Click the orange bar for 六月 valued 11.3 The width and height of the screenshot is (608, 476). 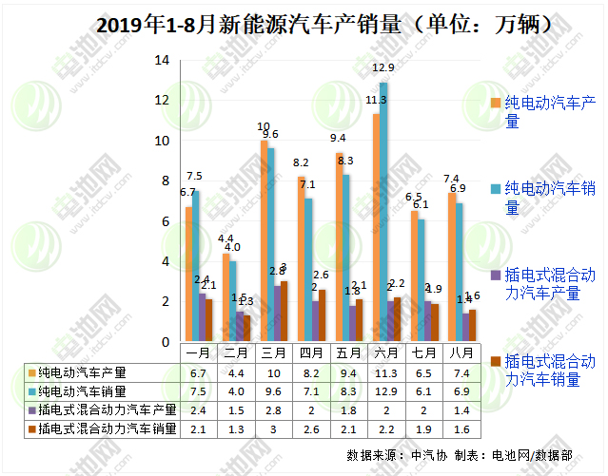pyautogui.click(x=376, y=228)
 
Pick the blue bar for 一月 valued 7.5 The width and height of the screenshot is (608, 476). pyautogui.click(x=196, y=266)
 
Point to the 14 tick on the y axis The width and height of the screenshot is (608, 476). pyautogui.click(x=161, y=60)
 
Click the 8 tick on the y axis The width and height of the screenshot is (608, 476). pyautogui.click(x=165, y=181)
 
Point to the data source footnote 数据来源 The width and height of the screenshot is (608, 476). pyautogui.click(x=373, y=454)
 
